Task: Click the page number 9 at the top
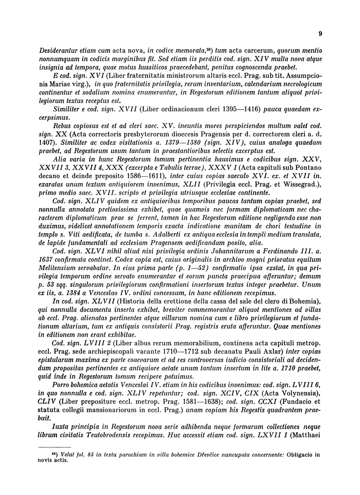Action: point(320,34)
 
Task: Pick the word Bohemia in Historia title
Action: point(306,301)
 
